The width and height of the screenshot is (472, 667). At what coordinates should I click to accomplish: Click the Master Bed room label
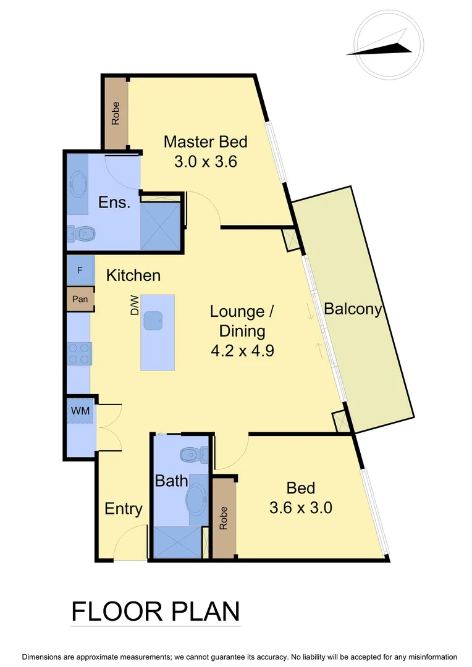(x=205, y=142)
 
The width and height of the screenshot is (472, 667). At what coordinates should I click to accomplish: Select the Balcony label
(x=353, y=309)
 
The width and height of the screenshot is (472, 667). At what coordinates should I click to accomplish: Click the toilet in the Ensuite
(x=81, y=233)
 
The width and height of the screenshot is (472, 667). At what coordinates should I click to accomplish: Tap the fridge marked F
(x=80, y=271)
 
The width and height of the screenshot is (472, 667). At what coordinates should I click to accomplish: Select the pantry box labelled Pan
(x=80, y=299)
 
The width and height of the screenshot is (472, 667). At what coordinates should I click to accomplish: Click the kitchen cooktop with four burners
(x=79, y=354)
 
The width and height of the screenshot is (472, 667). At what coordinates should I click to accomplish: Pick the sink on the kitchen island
(x=154, y=321)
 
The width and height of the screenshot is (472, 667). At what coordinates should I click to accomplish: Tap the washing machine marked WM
(x=80, y=411)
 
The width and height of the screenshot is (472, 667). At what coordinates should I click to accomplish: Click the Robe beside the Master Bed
(x=116, y=113)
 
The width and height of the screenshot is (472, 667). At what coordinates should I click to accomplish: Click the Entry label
(x=124, y=509)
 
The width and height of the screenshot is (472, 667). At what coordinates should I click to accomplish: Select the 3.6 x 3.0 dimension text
(x=301, y=508)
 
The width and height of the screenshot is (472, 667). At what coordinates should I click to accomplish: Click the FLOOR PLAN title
(x=156, y=611)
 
